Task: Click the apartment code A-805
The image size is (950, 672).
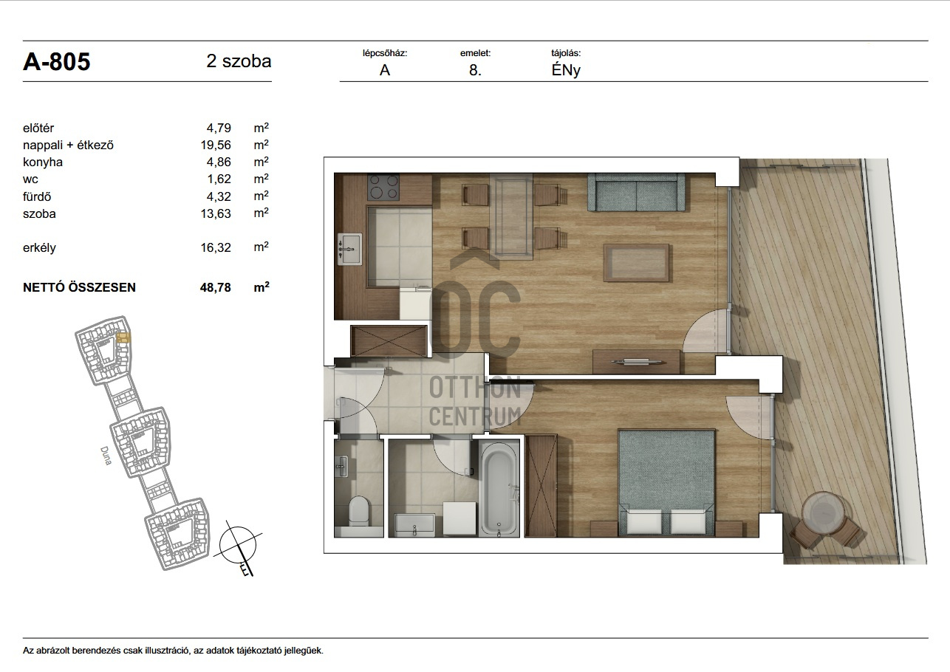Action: (x=56, y=62)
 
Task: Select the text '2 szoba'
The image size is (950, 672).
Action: (x=239, y=61)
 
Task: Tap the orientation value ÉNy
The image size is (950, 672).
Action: (x=566, y=70)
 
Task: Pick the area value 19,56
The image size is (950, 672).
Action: (x=216, y=145)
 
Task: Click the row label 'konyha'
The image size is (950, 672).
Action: (x=43, y=162)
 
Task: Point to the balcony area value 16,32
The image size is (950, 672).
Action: (x=216, y=247)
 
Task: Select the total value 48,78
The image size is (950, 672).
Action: (x=216, y=287)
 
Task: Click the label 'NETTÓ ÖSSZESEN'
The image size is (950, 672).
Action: (x=79, y=287)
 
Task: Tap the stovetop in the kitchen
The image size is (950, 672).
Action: (x=384, y=187)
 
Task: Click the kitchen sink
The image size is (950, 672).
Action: (x=349, y=250)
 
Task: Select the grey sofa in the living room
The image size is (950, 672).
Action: (x=636, y=193)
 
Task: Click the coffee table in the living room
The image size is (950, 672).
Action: (x=636, y=262)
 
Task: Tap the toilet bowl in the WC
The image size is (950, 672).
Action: (x=358, y=511)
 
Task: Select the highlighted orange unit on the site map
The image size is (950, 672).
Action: (x=123, y=337)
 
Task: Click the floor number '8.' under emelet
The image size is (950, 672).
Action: (x=475, y=70)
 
